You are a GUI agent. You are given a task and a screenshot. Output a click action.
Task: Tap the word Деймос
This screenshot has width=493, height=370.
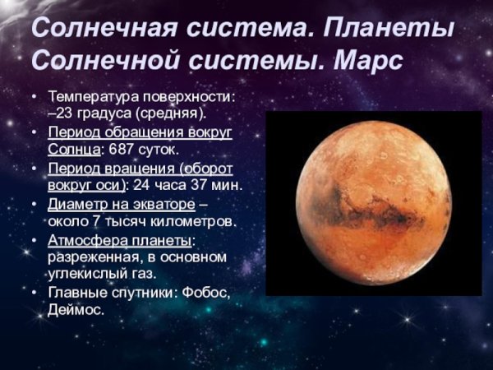[x=76, y=310]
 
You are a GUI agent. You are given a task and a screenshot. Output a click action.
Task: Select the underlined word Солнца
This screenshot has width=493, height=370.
[x=75, y=150]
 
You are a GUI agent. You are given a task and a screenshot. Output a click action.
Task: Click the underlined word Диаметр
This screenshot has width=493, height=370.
[x=80, y=203]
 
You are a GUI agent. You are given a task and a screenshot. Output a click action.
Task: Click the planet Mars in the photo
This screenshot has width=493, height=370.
[x=374, y=202]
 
